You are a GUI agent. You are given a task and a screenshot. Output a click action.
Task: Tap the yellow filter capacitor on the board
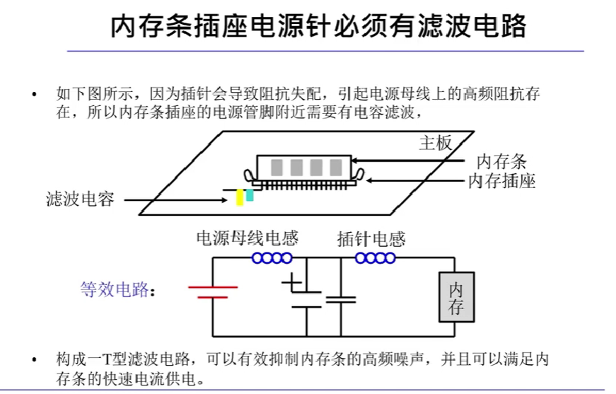240,197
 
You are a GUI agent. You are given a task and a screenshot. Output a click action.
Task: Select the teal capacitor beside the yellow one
249,194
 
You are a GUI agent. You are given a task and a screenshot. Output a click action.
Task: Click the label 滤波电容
80,199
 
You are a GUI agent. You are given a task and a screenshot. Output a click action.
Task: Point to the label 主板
435,143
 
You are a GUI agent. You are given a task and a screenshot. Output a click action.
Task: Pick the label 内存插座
501,181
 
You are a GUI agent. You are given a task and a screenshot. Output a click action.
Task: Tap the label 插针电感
371,239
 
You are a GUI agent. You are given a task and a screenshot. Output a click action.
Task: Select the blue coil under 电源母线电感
272,258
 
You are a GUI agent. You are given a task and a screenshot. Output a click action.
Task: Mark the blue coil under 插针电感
375,258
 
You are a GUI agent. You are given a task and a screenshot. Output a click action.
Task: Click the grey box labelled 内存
456,298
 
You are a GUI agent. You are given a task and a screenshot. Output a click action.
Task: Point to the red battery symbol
212,291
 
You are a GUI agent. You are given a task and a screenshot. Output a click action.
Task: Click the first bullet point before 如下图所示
33,93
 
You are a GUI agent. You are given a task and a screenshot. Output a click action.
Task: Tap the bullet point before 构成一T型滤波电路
33,359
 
